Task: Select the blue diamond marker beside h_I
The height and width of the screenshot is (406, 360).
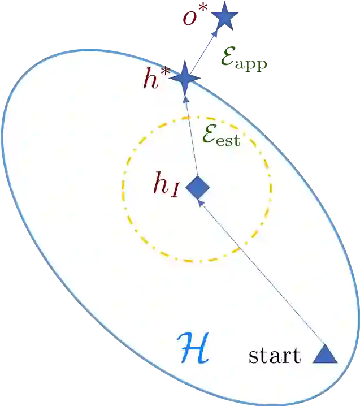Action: [x=198, y=188]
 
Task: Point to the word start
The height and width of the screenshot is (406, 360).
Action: [x=275, y=356]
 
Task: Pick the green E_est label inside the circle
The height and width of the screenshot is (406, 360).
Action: [x=221, y=136]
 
